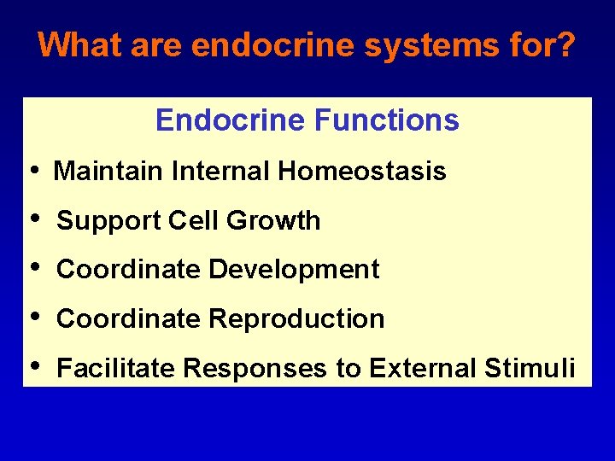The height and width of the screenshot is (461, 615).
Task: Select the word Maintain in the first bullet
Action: [108, 172]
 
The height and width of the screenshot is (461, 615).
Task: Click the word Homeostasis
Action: [361, 172]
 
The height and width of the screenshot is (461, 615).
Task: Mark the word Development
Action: [295, 270]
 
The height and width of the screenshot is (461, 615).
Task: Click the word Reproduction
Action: [297, 319]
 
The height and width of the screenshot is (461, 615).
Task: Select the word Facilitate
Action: [116, 369]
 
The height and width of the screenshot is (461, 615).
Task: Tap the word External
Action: [423, 369]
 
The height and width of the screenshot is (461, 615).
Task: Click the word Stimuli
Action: [530, 369]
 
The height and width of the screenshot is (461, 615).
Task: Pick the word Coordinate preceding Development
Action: [129, 270]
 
